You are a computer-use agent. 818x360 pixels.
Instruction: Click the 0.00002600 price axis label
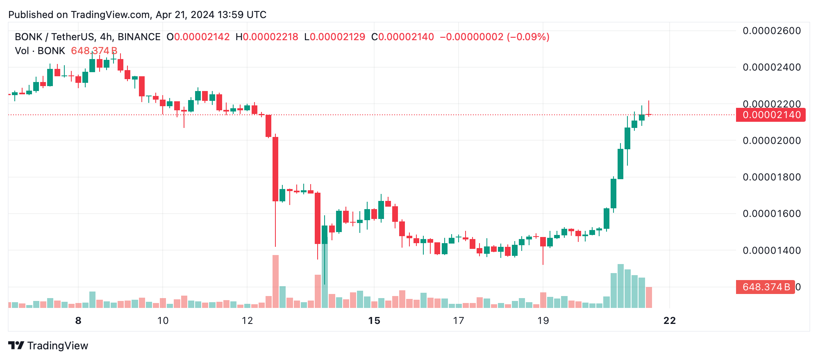[x=771, y=31]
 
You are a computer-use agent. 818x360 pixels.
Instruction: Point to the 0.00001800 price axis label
[x=771, y=177]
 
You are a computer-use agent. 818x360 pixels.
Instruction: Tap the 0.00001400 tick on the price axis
[x=771, y=250]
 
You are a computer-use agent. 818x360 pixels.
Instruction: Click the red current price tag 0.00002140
[x=770, y=115]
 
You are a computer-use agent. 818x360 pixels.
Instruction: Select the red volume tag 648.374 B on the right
[x=765, y=287]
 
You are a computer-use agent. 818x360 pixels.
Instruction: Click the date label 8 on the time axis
[x=78, y=321]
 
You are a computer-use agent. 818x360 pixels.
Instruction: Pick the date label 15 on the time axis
[x=374, y=321]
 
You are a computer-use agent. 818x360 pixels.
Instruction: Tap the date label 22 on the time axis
[x=670, y=321]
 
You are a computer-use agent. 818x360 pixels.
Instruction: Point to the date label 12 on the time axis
[x=247, y=321]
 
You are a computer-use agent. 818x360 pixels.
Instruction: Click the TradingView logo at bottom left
[x=48, y=346]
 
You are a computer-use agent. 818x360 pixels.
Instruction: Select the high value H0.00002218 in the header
[x=267, y=37]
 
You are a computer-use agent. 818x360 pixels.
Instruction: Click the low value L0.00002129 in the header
[x=335, y=37]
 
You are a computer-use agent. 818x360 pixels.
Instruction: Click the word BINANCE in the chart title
[x=139, y=37]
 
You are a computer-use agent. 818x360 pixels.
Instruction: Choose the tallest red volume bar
[x=275, y=281]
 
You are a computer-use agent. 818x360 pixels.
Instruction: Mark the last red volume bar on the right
[x=649, y=297]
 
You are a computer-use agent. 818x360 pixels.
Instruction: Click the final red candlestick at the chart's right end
[x=649, y=114]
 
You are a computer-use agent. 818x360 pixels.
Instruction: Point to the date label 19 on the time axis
[x=543, y=321]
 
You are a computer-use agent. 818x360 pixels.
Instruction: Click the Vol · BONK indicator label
[x=40, y=51]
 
